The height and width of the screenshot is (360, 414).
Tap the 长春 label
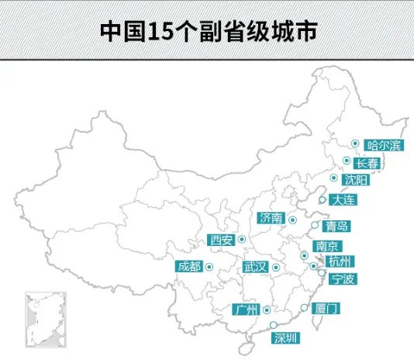coord(367,163)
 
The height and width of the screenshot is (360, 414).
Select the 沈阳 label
coord(356,181)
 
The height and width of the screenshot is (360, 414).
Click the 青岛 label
coord(336,227)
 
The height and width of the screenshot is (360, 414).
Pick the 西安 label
coord(222,240)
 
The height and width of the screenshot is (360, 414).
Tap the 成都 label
coord(188,267)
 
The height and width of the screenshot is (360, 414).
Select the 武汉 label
coord(255,267)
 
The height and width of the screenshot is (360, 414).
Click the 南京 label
coord(325,246)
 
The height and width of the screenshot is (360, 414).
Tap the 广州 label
coord(245,310)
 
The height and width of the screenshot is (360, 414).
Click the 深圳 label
coord(285,337)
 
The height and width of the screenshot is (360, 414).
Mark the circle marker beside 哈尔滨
coord(354,144)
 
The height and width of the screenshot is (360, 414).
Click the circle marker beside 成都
coord(209,267)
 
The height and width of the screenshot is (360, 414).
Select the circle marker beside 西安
coord(241,239)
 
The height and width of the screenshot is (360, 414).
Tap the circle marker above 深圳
coord(272,326)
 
